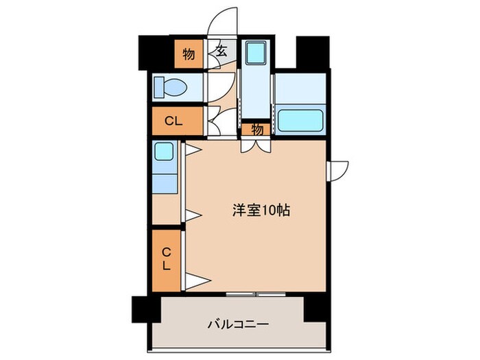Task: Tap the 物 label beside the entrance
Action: (188, 53)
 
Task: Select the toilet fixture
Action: (168, 88)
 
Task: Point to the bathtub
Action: (300, 121)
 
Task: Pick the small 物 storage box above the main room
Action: (256, 128)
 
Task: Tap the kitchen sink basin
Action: (164, 152)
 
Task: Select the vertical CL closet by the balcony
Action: (167, 259)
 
